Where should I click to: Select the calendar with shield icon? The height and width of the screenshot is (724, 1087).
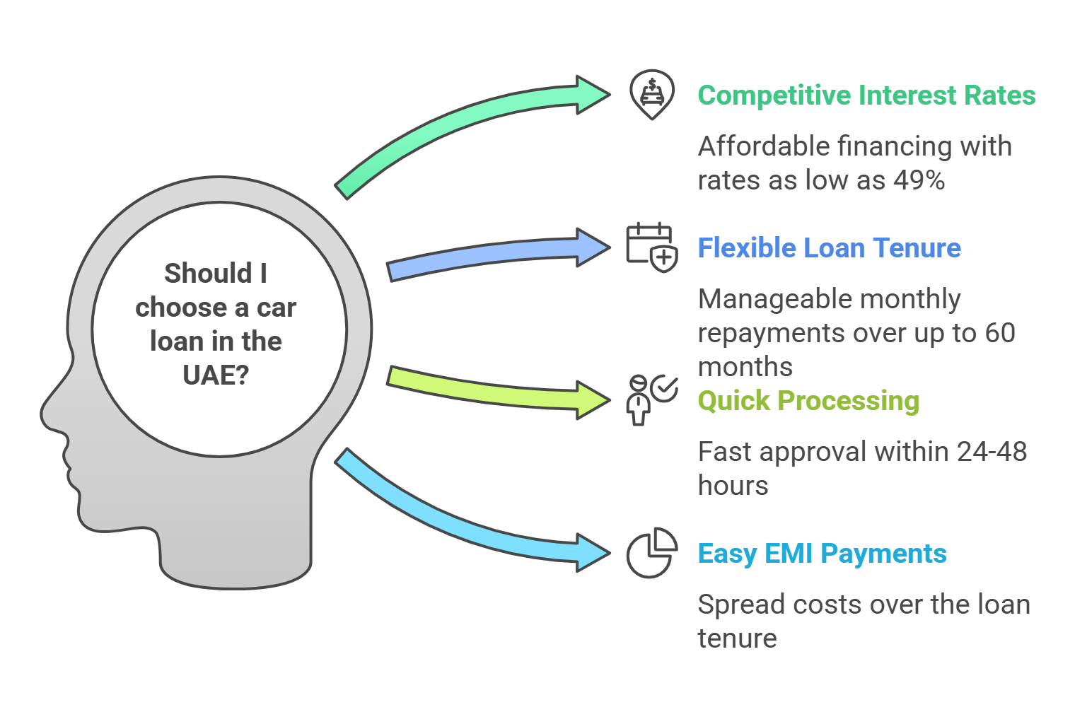652,247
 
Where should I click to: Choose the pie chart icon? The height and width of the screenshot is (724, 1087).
652,553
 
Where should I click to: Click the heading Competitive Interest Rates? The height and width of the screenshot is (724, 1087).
866,95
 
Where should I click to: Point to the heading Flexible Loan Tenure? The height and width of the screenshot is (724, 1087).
830,248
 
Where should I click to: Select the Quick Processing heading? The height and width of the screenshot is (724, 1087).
808,401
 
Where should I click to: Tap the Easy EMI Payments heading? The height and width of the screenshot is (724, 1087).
822,554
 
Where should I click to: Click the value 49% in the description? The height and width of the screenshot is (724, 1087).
919,180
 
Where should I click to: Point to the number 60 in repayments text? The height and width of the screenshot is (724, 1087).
1000,333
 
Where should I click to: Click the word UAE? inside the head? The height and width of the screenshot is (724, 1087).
216,375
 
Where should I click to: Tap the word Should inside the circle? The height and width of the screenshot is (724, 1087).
208,273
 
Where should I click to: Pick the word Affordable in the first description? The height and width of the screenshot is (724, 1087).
765,146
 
